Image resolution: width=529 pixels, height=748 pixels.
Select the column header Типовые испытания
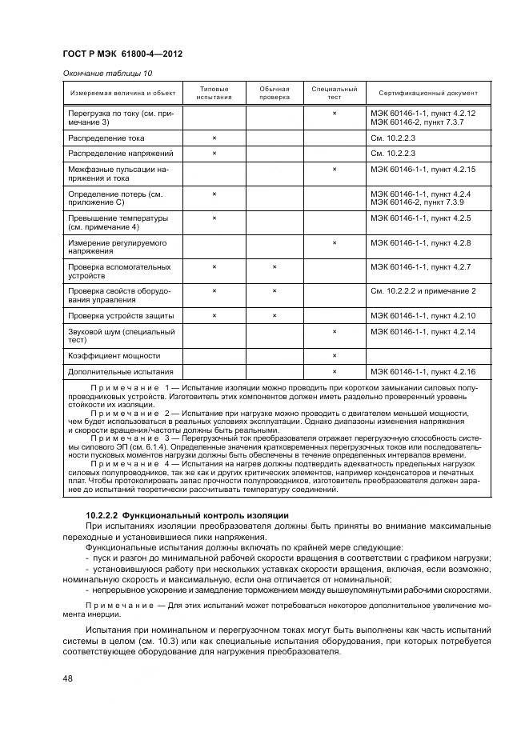[214, 93]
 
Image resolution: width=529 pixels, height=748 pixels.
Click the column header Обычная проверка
[274, 93]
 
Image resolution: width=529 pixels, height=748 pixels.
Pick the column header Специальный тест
[334, 93]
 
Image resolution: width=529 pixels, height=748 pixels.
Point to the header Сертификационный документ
[423, 93]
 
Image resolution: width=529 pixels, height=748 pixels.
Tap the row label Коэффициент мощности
[114, 355]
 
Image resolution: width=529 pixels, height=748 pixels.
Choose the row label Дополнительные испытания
[120, 372]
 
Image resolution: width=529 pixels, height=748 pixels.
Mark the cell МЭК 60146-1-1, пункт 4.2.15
[423, 170]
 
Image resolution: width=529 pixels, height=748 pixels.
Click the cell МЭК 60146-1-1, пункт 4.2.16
[423, 372]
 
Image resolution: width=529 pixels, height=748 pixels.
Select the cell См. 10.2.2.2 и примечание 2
[423, 291]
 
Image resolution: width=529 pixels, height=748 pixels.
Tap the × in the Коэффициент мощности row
[334, 355]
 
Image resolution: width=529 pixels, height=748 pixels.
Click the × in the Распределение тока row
[214, 138]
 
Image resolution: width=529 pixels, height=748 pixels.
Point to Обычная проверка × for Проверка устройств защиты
[274, 316]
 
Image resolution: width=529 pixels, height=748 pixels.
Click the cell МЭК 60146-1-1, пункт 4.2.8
[420, 242]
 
